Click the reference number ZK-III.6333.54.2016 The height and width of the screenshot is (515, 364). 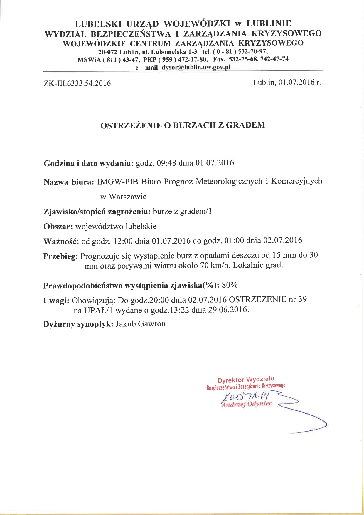click(77, 83)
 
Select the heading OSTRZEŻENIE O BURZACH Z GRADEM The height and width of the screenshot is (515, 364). click(183, 125)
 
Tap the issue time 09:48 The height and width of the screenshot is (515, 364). click(166, 163)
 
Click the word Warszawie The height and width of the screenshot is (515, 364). click(127, 197)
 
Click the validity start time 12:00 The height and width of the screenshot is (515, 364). click(123, 241)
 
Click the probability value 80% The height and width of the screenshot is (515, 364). click(230, 285)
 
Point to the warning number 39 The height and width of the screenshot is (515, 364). click(302, 299)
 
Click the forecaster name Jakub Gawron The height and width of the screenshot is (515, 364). click(141, 324)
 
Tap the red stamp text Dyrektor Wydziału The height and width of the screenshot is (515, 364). click(246, 379)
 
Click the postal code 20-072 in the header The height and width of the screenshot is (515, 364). click(107, 52)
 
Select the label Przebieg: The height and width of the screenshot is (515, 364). click(60, 256)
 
